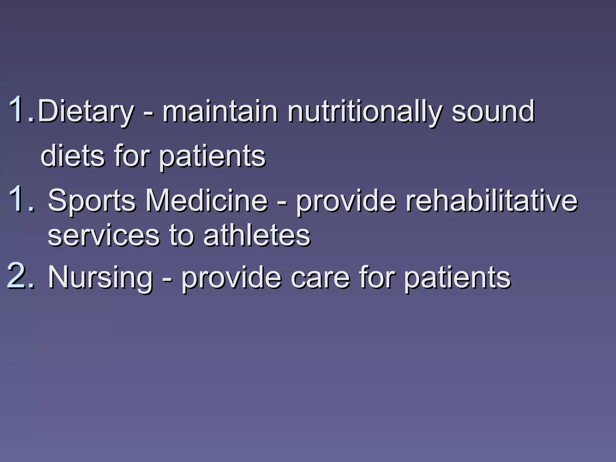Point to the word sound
click(x=493, y=111)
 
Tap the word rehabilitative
click(x=491, y=200)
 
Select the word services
click(x=104, y=236)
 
